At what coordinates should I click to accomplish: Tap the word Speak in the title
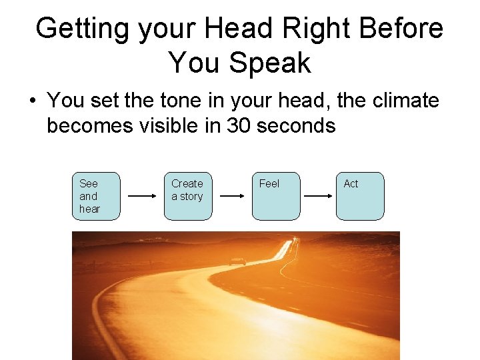[271, 63]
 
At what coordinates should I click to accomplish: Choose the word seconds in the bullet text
[299, 125]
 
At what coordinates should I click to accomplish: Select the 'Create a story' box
[187, 196]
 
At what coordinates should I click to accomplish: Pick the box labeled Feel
[275, 196]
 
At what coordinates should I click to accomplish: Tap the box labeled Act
[360, 196]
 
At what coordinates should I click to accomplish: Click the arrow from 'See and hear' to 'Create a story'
[141, 197]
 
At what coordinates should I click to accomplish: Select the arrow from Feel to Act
[318, 197]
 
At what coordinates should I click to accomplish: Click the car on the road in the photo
[237, 261]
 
